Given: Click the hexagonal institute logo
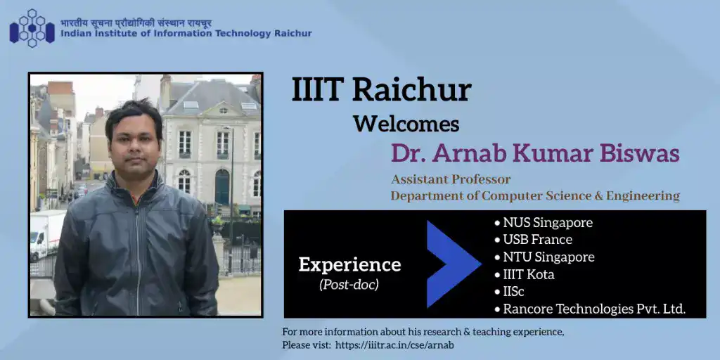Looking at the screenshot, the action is [32, 28].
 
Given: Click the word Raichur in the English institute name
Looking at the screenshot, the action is [293, 34].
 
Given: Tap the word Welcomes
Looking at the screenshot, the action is [406, 124].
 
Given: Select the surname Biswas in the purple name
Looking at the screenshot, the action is [643, 154].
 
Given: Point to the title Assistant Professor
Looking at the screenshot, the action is [451, 179].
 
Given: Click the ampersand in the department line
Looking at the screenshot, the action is [597, 196].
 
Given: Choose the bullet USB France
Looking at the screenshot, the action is [534, 240].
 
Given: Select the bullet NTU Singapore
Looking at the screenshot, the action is [545, 257].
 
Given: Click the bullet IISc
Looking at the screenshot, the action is [509, 292].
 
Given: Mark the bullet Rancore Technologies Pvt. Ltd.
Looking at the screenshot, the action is [590, 309].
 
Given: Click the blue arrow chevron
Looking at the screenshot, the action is [454, 264].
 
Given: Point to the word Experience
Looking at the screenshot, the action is [350, 265].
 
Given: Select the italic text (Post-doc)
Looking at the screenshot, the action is [349, 285].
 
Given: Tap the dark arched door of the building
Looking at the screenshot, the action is [222, 187].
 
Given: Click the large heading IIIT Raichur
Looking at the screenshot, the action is [382, 91].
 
